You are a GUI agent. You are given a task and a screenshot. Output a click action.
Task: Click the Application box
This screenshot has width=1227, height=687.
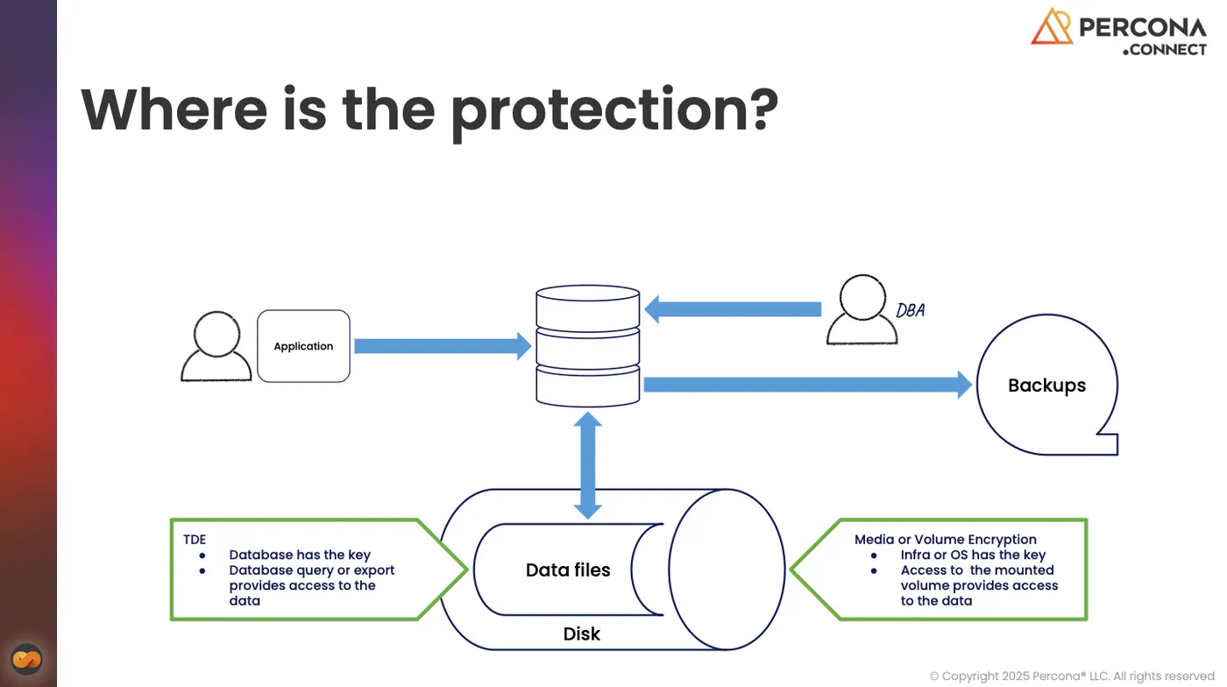[303, 346]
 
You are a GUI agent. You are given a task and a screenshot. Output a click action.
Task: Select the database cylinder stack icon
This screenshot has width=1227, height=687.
[588, 346]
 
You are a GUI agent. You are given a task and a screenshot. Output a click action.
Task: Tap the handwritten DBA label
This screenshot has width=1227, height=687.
[911, 310]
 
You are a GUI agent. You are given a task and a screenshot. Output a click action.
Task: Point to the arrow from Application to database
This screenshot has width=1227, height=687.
[443, 346]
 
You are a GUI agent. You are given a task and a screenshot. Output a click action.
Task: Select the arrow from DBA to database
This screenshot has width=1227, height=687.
[733, 309]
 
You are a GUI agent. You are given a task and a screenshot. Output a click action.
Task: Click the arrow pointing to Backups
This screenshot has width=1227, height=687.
[808, 385]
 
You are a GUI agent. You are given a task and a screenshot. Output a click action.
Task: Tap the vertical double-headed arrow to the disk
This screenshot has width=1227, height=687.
[588, 465]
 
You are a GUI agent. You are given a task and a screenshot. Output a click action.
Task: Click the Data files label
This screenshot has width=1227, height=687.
[568, 570]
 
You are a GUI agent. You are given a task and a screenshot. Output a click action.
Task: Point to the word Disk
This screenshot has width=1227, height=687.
[582, 634]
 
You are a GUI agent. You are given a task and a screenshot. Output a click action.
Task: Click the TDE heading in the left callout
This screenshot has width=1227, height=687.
[195, 540]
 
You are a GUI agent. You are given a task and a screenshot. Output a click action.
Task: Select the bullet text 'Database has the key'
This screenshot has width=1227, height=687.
[300, 555]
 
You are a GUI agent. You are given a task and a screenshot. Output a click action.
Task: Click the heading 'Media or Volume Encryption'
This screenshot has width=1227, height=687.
[946, 540]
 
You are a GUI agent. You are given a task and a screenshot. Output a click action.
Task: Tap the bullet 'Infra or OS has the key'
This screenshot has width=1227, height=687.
[974, 555]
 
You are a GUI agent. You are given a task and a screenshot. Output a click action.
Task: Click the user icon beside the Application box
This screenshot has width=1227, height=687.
[216, 346]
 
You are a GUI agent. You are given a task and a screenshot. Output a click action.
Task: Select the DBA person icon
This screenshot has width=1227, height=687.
[862, 309]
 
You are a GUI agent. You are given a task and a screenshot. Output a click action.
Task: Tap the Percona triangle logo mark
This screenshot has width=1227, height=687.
[1051, 25]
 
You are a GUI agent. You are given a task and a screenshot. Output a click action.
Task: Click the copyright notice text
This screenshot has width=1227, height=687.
[1072, 676]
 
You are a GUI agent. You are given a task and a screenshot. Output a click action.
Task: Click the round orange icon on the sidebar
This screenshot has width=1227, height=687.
[27, 659]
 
